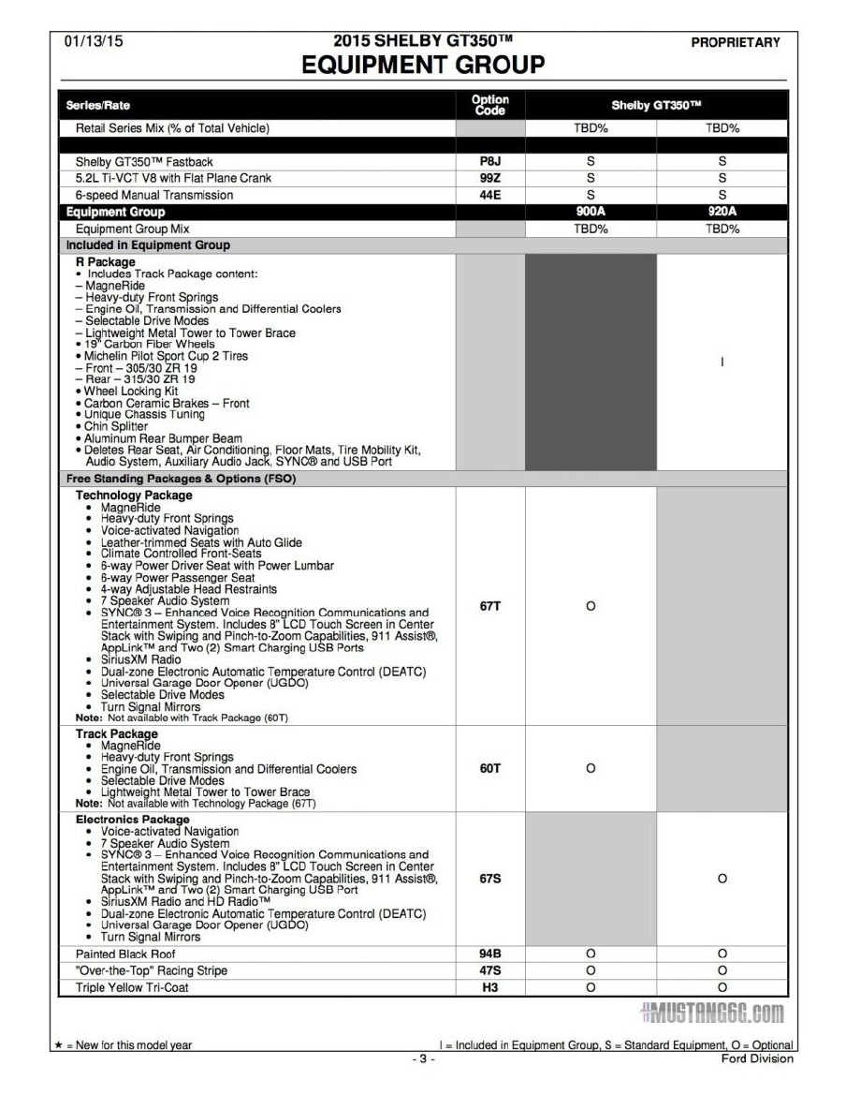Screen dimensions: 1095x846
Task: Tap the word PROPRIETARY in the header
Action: coord(735,42)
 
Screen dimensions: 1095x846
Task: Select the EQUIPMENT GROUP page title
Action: coord(423,65)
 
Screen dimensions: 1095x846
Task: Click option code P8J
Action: coord(490,161)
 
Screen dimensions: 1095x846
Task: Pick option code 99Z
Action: coord(490,178)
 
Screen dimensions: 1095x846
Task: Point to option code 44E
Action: coord(490,195)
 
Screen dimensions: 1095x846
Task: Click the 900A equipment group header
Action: coord(591,212)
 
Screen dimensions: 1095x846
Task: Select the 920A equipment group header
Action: coord(722,212)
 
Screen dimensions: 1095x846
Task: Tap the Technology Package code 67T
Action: coord(490,606)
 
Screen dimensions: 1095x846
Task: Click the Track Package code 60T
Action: coord(490,768)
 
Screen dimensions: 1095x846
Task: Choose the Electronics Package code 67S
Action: coord(490,879)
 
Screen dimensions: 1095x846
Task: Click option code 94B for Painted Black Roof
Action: coord(490,954)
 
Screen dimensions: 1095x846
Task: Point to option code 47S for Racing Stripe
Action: coord(490,970)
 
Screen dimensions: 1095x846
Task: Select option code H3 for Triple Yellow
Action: coord(490,987)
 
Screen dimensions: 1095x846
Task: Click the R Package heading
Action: coord(105,262)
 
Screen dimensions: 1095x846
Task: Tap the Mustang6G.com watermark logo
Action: coord(712,1014)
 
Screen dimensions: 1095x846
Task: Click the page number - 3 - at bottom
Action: coord(422,1059)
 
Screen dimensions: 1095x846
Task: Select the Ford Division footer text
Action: coord(757,1058)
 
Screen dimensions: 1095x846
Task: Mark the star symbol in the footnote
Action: coord(58,1045)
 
